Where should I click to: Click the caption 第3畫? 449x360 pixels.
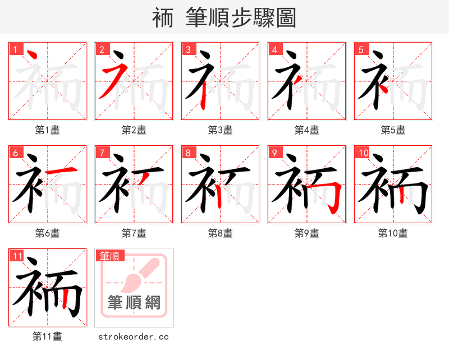point(220,130)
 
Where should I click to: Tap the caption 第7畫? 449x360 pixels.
point(134,233)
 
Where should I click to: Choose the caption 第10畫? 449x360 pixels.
point(393,233)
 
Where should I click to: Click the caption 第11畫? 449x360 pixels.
point(47,336)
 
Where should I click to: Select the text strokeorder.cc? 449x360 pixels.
point(134,336)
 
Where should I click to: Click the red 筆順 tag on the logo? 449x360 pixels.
point(109,256)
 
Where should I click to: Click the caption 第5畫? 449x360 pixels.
point(393,130)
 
